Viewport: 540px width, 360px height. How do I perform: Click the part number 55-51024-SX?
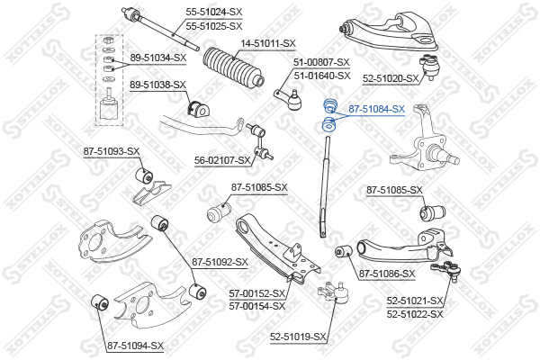pos(214,12)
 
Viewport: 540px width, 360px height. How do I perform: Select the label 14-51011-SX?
pos(268,44)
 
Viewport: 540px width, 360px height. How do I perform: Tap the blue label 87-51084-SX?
pos(377,109)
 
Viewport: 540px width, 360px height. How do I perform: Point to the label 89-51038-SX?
pos(157,85)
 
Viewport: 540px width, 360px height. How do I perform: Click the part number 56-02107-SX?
pos(222,160)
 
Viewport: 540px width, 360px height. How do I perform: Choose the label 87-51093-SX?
pos(112,151)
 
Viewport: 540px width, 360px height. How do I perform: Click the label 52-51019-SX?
pos(298,337)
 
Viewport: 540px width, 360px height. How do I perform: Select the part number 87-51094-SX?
pos(135,346)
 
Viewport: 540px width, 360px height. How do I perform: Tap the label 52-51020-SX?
pos(391,79)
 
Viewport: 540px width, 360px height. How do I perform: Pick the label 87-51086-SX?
pos(387,274)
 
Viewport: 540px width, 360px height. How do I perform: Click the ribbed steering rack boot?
pos(233,67)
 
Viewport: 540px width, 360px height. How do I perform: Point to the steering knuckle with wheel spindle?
pos(424,139)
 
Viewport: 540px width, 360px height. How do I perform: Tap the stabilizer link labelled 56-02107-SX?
pos(259,141)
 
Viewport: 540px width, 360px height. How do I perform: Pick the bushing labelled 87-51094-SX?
pos(100,301)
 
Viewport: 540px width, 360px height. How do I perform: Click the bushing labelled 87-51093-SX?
pos(144,175)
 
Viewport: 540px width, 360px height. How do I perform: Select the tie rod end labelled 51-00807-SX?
pos(289,99)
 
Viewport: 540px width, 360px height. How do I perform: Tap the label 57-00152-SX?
pos(257,293)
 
